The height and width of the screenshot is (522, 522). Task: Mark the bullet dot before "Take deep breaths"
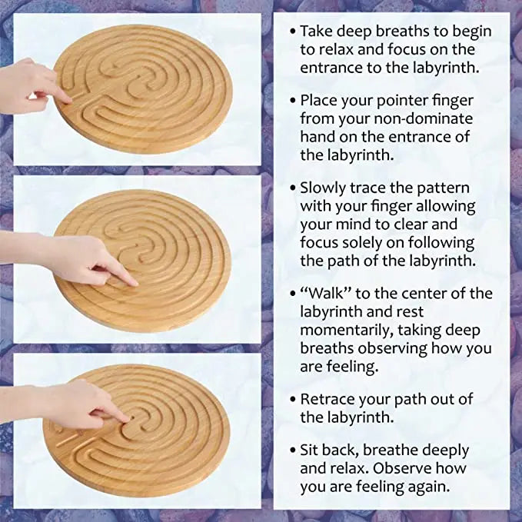tap(292, 32)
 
